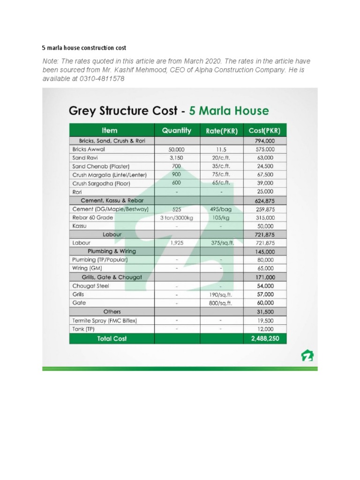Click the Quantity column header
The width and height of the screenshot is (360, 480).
point(177,130)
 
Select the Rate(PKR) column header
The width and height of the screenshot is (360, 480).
point(221,131)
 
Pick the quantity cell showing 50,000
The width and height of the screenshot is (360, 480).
point(176,149)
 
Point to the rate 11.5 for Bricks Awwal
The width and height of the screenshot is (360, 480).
point(221,149)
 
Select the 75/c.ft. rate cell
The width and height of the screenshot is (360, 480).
point(221,175)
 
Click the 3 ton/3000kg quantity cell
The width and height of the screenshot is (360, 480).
point(176,217)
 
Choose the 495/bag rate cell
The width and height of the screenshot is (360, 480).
point(221,209)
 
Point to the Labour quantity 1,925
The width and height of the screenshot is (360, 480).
point(176,243)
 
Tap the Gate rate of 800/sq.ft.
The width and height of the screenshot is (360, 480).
point(221,303)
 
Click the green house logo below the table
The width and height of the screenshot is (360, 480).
point(307,356)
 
